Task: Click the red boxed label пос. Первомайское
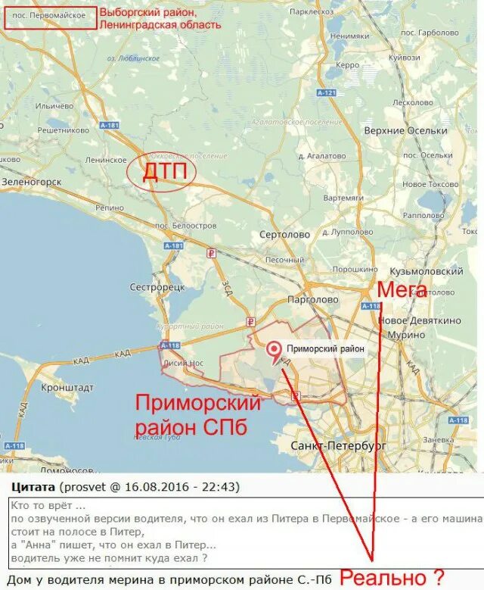(51, 17)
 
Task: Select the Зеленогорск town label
(31, 183)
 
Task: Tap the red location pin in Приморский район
(273, 350)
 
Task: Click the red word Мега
(402, 289)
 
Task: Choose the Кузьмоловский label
(426, 271)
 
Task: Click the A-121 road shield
(327, 92)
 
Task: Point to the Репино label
(110, 207)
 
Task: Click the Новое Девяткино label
(419, 320)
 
